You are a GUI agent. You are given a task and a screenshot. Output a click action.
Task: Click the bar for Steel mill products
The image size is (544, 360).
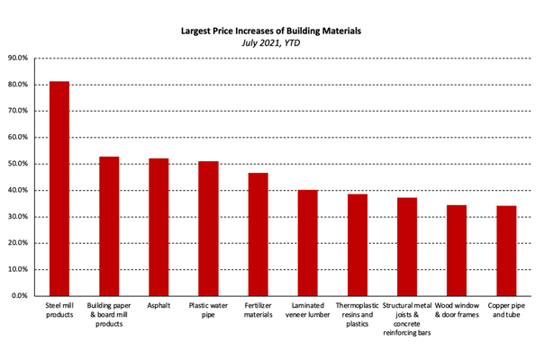pos(59,188)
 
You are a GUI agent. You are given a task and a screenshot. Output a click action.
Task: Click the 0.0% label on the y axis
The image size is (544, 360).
pos(21,295)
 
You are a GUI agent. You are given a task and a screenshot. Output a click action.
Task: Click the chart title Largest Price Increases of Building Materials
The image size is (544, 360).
pos(271,30)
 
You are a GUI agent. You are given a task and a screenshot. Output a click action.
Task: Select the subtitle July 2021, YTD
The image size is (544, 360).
pos(271,41)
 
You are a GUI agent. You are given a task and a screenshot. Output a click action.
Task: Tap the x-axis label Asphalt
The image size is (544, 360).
pos(159,306)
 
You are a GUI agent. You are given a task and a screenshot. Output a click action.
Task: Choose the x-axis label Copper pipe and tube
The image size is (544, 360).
pos(506,310)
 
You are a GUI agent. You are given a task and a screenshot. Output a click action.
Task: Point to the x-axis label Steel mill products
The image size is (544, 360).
pos(59,310)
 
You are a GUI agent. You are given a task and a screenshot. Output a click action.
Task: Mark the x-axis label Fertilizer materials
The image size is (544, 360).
pos(258,310)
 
